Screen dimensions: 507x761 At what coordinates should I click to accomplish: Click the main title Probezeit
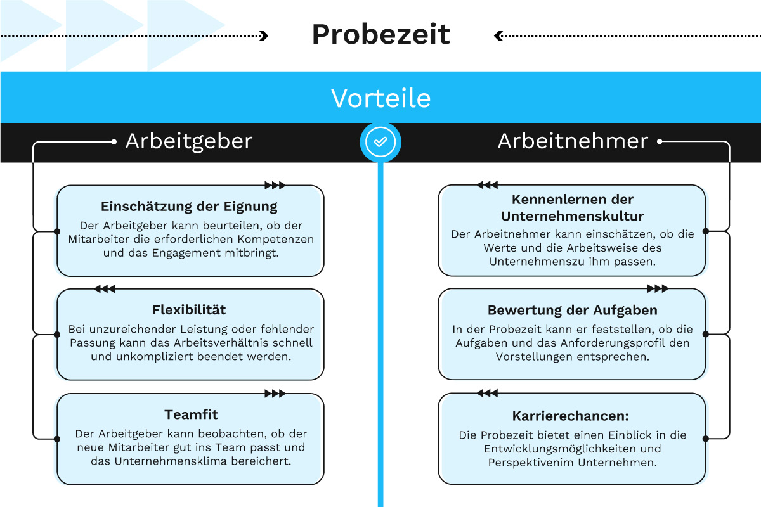pyautogui.click(x=380, y=35)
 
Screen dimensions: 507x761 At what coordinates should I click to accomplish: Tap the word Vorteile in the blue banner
pyautogui.click(x=380, y=98)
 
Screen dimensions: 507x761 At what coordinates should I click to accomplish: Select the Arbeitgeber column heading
pyautogui.click(x=189, y=141)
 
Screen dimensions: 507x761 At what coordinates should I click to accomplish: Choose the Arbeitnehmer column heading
pyautogui.click(x=573, y=141)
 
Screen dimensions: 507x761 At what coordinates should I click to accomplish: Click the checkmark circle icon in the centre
pyautogui.click(x=380, y=142)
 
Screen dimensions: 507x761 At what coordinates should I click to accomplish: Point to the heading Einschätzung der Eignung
pyautogui.click(x=189, y=207)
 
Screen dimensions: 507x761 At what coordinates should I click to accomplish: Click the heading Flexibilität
pyautogui.click(x=189, y=311)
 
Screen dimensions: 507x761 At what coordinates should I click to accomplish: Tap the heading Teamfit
pyautogui.click(x=191, y=415)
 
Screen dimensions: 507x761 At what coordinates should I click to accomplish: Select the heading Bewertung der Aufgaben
pyautogui.click(x=572, y=311)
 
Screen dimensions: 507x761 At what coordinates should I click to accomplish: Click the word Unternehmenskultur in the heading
pyautogui.click(x=572, y=216)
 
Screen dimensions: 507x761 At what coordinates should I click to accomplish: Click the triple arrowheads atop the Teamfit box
pyautogui.click(x=275, y=394)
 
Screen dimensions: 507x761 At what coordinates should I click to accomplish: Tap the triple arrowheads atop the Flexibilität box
pyautogui.click(x=105, y=289)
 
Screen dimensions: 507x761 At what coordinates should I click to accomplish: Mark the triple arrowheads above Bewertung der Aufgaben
pyautogui.click(x=658, y=289)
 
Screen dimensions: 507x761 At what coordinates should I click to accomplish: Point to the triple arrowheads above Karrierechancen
pyautogui.click(x=487, y=394)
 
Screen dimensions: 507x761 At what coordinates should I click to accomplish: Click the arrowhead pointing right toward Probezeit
pyautogui.click(x=264, y=36)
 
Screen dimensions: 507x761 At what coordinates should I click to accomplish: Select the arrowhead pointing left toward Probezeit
pyautogui.click(x=498, y=36)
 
